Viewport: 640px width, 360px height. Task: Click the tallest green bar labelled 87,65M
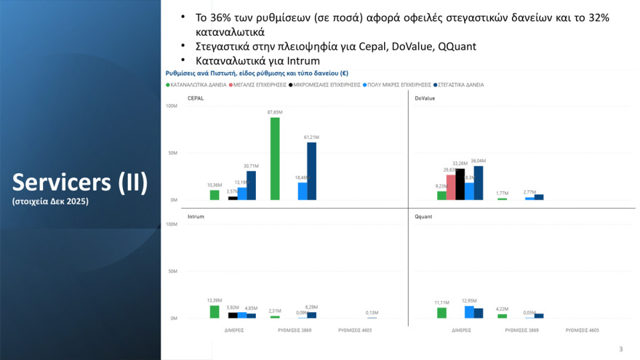point(275,159)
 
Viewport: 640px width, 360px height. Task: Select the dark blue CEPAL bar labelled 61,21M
point(311,171)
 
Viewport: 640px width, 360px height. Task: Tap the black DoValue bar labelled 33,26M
point(460,184)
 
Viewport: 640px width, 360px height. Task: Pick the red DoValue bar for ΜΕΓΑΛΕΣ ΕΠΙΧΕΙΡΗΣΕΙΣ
point(450,187)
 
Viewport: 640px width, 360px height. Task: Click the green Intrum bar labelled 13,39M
point(215,312)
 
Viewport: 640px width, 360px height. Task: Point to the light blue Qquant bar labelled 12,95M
point(469,312)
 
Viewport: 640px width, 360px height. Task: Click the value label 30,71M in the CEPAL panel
point(251,166)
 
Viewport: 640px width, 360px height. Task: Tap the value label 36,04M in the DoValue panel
point(479,161)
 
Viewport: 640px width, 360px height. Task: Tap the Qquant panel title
point(423,217)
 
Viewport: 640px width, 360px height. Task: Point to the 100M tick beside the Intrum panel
point(172,225)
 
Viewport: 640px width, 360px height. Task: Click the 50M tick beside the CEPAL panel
point(173,153)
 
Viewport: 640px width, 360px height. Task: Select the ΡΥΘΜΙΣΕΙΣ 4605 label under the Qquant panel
point(582,330)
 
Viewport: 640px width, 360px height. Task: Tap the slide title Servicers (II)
point(80,183)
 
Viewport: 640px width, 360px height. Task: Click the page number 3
point(620,348)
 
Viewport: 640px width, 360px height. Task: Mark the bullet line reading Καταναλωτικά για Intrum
point(257,61)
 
